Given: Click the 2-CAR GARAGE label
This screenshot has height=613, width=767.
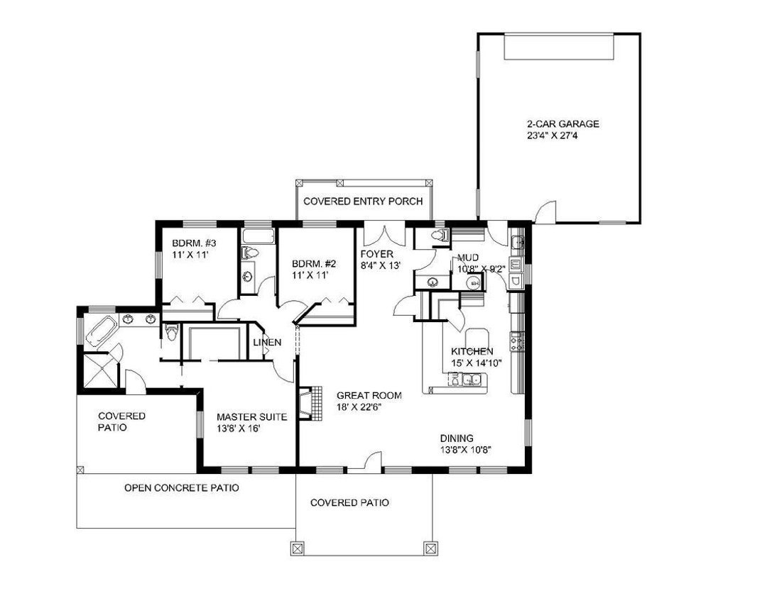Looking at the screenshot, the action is click(562, 124).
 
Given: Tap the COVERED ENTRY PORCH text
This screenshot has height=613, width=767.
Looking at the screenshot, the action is click(363, 201).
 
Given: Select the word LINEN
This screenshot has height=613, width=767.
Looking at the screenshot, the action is click(267, 342).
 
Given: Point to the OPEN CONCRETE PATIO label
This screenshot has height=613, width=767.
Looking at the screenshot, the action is click(182, 488).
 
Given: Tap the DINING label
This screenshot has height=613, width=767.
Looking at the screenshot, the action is click(457, 438).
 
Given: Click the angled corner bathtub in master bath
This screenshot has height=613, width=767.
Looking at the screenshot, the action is click(101, 331).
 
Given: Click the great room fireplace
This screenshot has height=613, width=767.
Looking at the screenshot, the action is click(310, 403).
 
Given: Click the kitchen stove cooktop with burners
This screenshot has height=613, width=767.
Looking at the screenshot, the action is click(516, 341).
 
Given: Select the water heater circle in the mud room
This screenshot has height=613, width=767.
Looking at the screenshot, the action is click(473, 282).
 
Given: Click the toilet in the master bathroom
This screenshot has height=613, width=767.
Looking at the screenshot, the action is click(170, 333).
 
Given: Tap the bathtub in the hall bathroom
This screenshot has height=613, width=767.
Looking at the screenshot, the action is click(259, 237).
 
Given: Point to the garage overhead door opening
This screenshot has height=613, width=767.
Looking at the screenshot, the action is click(559, 46).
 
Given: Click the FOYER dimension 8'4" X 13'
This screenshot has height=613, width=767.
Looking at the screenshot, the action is click(381, 266).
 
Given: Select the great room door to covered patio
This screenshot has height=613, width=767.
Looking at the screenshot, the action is click(373, 461).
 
